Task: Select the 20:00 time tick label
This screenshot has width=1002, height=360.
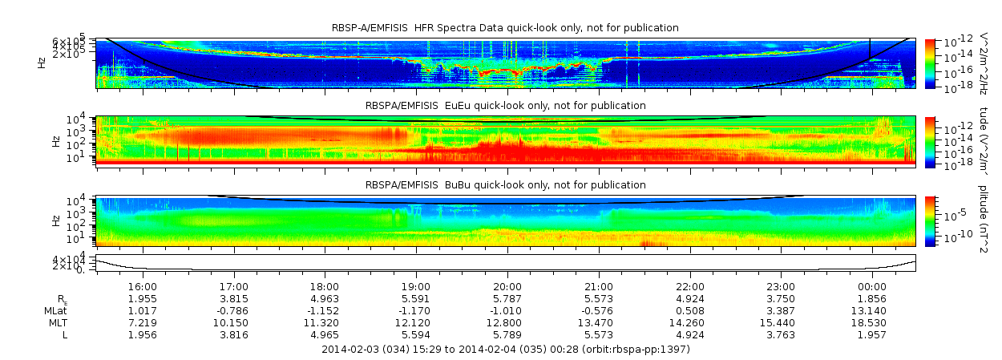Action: (x=507, y=286)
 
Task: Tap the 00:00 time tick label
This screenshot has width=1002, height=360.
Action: (x=872, y=286)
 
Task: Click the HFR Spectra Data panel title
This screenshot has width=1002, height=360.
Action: (x=505, y=28)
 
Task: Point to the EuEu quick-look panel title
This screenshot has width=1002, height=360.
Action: (x=505, y=106)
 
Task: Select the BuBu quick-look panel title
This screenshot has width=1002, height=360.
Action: (x=505, y=185)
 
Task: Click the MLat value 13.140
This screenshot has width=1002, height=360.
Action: (x=872, y=310)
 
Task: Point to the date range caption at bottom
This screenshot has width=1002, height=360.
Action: (x=505, y=350)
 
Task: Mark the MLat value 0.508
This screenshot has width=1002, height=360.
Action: (x=689, y=310)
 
